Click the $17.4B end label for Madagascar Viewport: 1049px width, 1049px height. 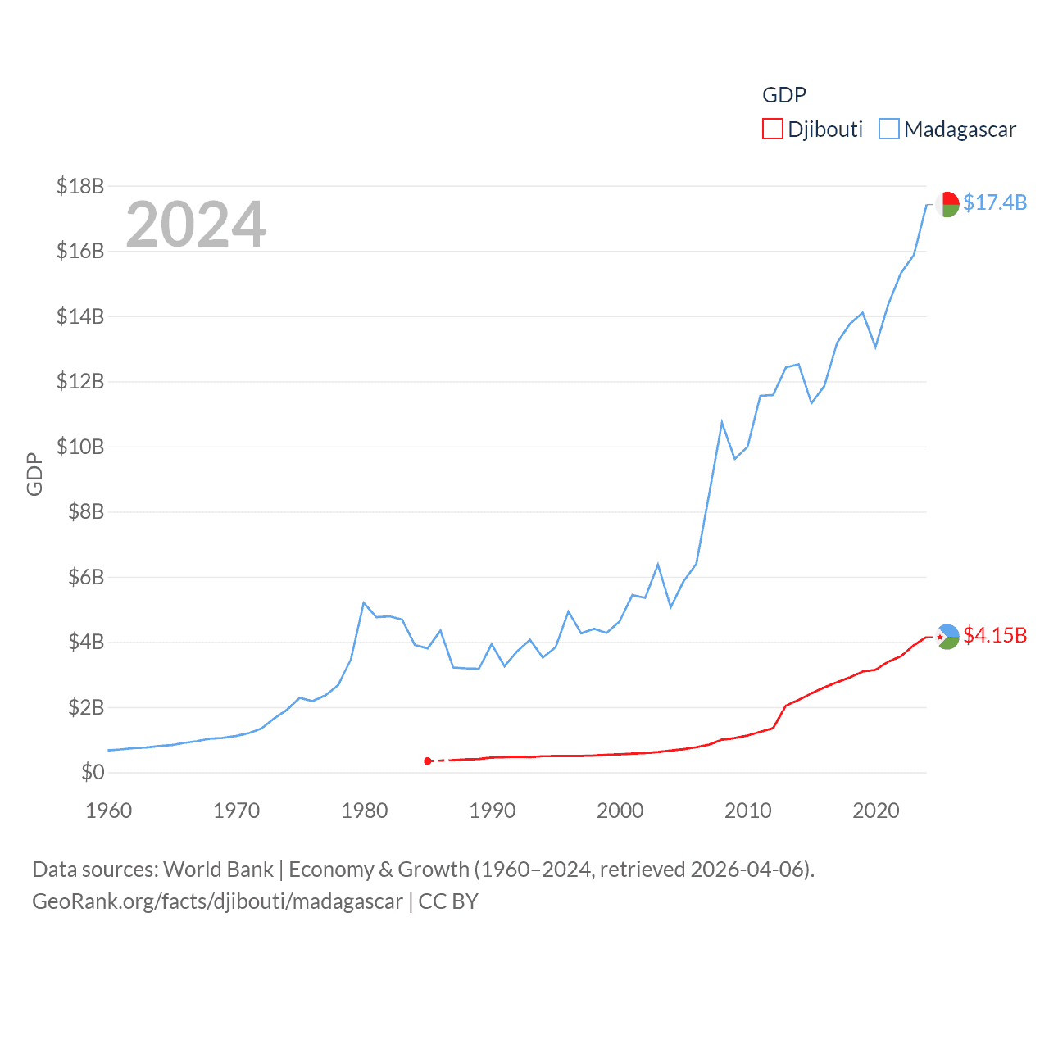pyautogui.click(x=994, y=202)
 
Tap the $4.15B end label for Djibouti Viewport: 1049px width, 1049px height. pyautogui.click(x=994, y=635)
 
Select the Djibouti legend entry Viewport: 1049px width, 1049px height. pyautogui.click(x=813, y=129)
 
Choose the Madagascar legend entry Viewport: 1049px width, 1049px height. pyautogui.click(x=947, y=129)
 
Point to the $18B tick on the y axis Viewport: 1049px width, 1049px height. pyautogui.click(x=80, y=186)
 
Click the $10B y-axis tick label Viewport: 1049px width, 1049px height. pyautogui.click(x=80, y=447)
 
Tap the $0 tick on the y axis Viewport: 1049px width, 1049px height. pyautogui.click(x=93, y=772)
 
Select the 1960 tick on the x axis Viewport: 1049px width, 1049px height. pyautogui.click(x=109, y=811)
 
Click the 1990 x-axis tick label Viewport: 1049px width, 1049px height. pyautogui.click(x=493, y=811)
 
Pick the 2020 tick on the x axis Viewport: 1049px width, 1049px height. pyautogui.click(x=876, y=811)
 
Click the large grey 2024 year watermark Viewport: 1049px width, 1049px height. pyautogui.click(x=196, y=224)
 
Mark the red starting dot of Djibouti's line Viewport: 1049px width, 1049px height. pyautogui.click(x=428, y=761)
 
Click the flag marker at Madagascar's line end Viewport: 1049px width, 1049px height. pyautogui.click(x=947, y=204)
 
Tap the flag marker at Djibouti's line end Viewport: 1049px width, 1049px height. pyautogui.click(x=947, y=637)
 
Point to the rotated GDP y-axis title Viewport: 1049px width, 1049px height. pyautogui.click(x=34, y=474)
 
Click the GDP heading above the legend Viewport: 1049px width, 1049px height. pyautogui.click(x=784, y=95)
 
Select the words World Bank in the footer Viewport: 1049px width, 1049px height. pyautogui.click(x=218, y=869)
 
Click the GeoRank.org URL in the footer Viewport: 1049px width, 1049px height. pyautogui.click(x=217, y=901)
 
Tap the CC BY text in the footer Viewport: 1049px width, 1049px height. pyautogui.click(x=448, y=901)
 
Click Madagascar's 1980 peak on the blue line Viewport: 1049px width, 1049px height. pyautogui.click(x=364, y=603)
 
